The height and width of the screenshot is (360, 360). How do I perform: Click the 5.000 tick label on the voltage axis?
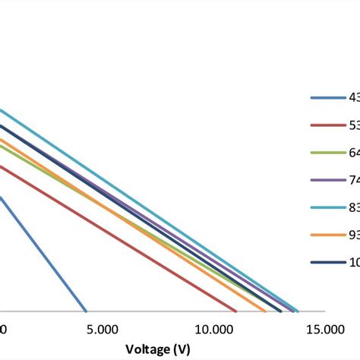(102, 330)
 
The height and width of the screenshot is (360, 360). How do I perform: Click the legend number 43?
(354, 98)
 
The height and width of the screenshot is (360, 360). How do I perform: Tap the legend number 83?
(354, 207)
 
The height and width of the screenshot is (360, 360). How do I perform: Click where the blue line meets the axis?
(86, 311)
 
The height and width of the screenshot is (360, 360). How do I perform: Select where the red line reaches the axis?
(236, 311)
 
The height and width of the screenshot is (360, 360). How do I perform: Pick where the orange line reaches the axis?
(266, 311)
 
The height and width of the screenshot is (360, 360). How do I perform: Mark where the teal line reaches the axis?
(298, 311)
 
